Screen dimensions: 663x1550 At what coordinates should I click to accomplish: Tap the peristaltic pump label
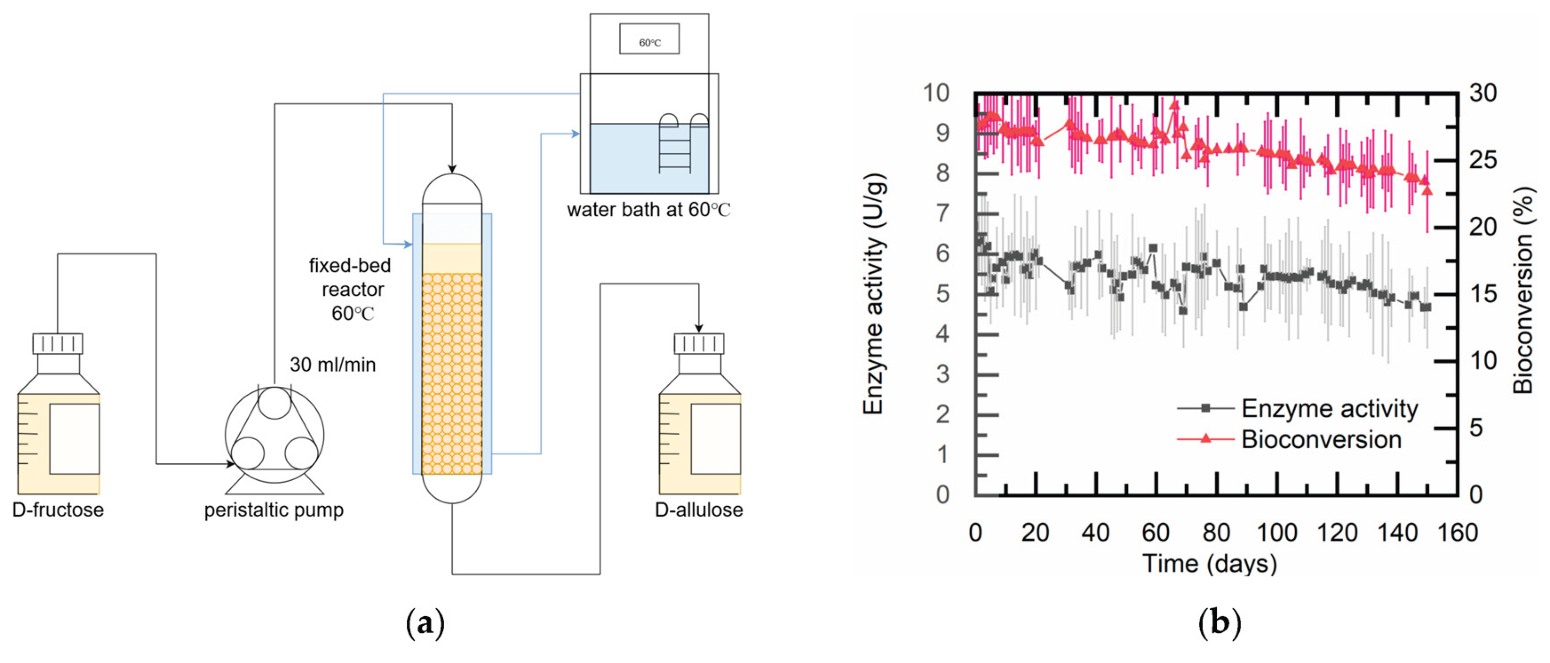coord(274,510)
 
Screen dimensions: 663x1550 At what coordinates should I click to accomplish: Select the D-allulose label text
coord(699,510)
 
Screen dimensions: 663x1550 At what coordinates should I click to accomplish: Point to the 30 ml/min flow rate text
coord(333,364)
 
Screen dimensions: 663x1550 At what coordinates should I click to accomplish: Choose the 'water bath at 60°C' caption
coord(648,210)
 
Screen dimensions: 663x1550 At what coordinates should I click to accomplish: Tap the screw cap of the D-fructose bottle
coord(58,344)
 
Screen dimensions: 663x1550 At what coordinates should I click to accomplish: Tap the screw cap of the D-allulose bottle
coord(699,344)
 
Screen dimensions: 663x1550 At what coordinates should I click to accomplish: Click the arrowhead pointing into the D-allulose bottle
coord(699,328)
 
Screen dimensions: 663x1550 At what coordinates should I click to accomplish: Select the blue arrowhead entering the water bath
coord(576,134)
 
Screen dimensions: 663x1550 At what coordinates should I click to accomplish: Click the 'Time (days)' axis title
coord(1209,564)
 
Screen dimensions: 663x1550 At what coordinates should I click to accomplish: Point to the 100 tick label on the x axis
coord(1277,533)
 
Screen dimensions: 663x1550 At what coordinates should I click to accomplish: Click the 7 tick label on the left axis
coord(942,213)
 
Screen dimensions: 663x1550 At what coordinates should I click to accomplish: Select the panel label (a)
coord(425,624)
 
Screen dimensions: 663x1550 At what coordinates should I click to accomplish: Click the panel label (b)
coord(1219,624)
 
